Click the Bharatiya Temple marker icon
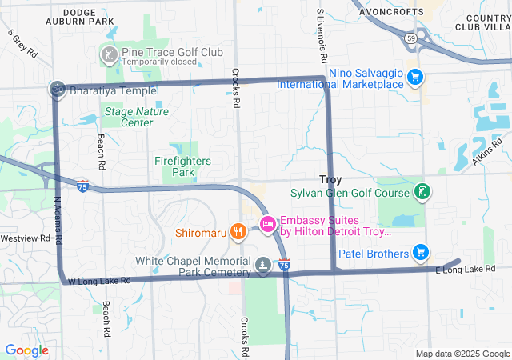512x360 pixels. coord(58,89)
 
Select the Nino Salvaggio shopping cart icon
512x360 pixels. coord(414,77)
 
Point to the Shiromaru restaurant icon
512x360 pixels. coord(238,232)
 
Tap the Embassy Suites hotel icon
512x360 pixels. coord(268,222)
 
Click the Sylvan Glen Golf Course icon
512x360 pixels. coord(420,192)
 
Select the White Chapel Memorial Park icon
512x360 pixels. coord(263,265)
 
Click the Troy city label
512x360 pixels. coord(330,180)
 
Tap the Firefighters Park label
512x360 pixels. coord(182,166)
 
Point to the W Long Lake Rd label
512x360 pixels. coord(99,281)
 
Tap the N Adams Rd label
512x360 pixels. coord(58,222)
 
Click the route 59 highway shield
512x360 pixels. coord(410,38)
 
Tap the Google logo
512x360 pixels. coord(26,350)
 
